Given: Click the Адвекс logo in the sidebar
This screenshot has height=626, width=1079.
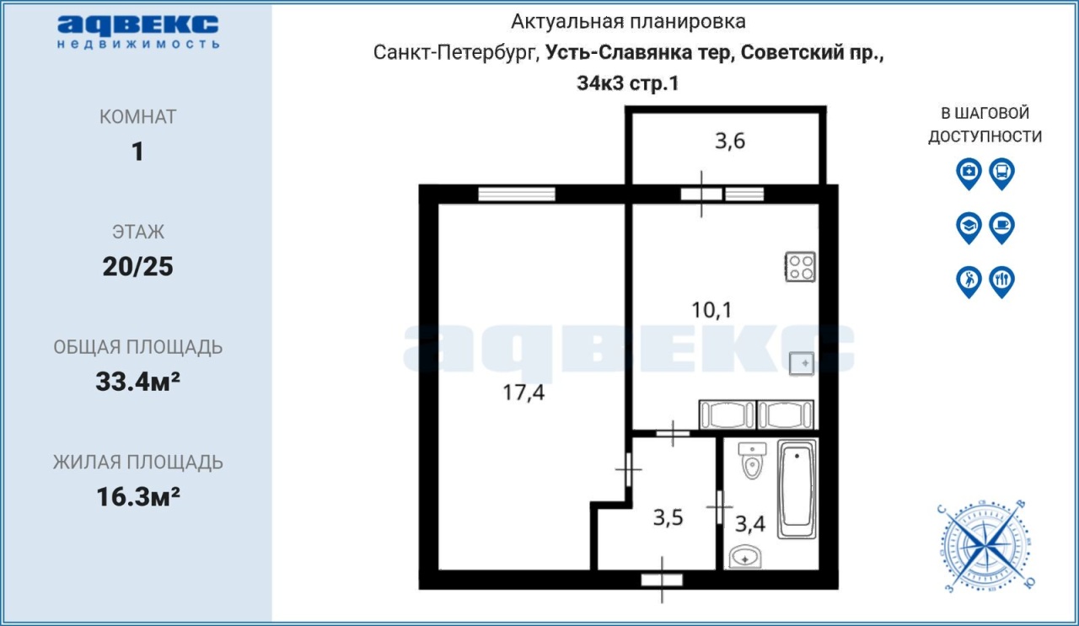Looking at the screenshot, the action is [x=138, y=32].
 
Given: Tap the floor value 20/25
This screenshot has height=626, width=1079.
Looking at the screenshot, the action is [x=137, y=266].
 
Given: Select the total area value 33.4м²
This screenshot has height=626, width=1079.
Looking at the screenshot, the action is [x=137, y=382].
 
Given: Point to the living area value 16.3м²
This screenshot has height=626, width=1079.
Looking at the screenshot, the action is [x=138, y=496].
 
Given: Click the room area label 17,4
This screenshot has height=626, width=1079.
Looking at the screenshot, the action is [x=523, y=393].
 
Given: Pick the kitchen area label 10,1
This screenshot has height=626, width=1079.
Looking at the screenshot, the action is [x=711, y=310].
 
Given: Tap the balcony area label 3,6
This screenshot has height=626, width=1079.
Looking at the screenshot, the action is [x=730, y=141].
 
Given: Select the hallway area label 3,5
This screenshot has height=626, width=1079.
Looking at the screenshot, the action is [x=668, y=517].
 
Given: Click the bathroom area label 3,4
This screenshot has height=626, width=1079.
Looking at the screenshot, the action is [x=750, y=523].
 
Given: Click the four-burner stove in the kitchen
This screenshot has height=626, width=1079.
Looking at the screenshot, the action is [x=800, y=266].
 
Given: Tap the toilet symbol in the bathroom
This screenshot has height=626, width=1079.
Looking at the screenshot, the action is [x=752, y=461].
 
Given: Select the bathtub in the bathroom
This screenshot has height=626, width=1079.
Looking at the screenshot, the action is [x=797, y=489].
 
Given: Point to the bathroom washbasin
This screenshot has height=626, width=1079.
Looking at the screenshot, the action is [x=744, y=557].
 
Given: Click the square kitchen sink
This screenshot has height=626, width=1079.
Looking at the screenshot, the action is [x=802, y=364].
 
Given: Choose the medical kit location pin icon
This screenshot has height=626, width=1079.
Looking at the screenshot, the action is [x=969, y=174].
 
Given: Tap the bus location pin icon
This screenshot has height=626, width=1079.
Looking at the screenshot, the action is [x=1002, y=174].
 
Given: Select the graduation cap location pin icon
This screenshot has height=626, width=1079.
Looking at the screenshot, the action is [x=969, y=228].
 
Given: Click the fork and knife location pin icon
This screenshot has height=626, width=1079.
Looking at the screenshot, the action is [x=1002, y=282].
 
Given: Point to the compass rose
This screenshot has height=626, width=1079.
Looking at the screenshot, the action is [x=985, y=547].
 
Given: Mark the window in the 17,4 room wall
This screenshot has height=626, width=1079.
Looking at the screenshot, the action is [x=517, y=194].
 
